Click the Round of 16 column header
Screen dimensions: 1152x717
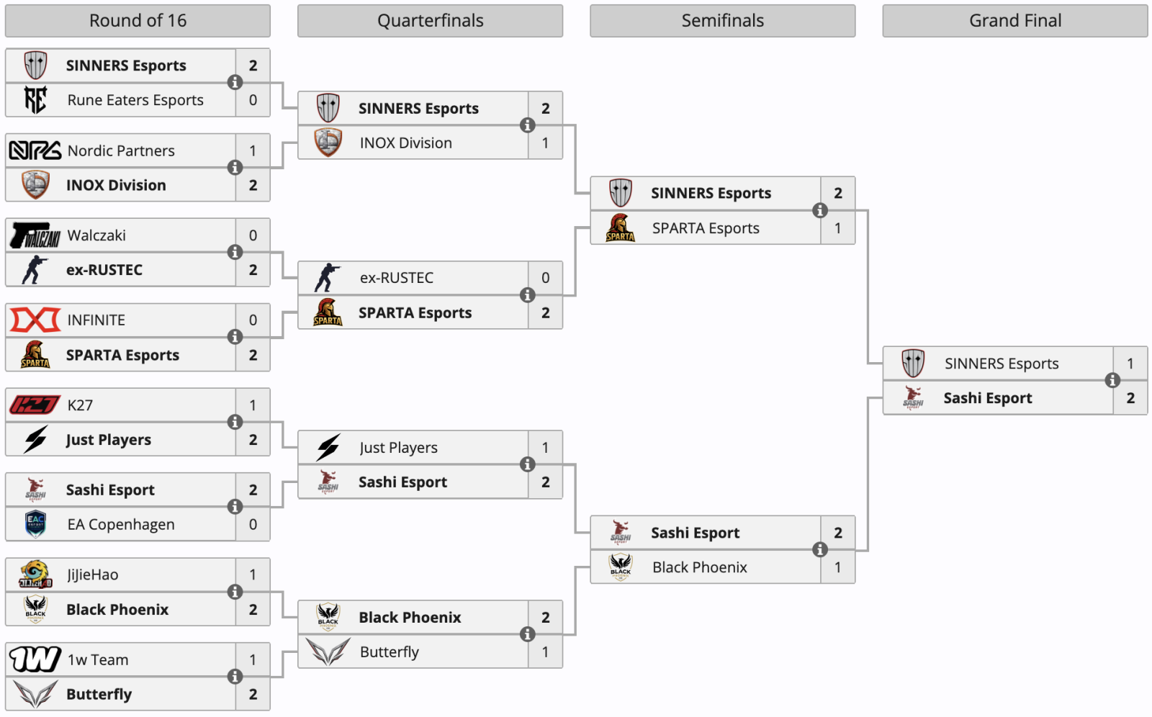click(x=138, y=21)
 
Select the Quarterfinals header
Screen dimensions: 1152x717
click(x=430, y=21)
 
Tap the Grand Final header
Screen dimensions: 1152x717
click(x=1015, y=21)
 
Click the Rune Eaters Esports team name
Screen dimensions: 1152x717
click(x=135, y=100)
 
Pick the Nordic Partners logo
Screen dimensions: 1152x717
click(x=35, y=150)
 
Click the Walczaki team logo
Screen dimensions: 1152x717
click(x=35, y=235)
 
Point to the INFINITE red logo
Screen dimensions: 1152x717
click(x=35, y=320)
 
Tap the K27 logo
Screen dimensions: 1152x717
click(x=35, y=405)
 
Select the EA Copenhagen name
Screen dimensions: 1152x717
click(x=121, y=524)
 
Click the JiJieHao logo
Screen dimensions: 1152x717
click(x=35, y=574)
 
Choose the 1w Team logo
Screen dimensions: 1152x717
click(x=35, y=659)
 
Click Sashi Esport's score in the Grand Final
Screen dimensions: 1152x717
click(x=1130, y=398)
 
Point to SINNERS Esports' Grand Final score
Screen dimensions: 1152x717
click(x=1130, y=364)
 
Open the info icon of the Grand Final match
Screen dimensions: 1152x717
click(x=1112, y=380)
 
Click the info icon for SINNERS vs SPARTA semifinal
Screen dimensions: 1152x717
click(x=820, y=210)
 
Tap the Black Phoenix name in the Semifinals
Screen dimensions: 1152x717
click(x=699, y=567)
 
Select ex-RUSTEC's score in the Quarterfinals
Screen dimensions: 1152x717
click(x=545, y=278)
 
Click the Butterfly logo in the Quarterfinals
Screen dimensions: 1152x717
click(x=328, y=651)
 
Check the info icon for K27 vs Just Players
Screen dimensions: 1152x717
click(x=235, y=423)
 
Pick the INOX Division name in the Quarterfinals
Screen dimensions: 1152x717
click(x=406, y=143)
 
